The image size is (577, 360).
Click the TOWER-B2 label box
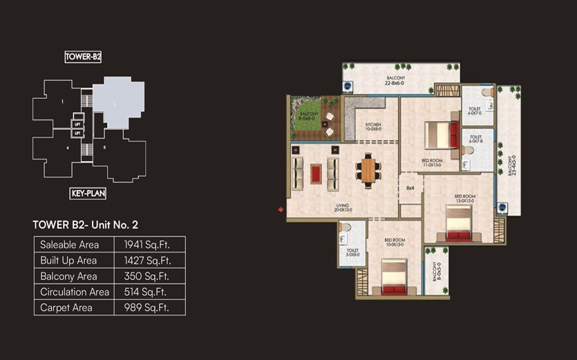[83, 57]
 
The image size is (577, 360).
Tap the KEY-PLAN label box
[88, 193]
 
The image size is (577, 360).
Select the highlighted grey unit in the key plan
[118, 104]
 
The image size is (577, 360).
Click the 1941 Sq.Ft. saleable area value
[146, 245]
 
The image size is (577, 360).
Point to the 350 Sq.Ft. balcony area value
[146, 276]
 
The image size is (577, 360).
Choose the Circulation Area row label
[74, 292]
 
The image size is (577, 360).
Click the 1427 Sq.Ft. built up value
[146, 260]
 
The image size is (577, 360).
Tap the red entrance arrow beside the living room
[281, 209]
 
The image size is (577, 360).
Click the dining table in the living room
[368, 170]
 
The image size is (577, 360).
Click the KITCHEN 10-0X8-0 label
[373, 126]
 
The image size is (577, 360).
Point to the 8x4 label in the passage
[410, 187]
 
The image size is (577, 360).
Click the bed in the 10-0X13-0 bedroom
[393, 278]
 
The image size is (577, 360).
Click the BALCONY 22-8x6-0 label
[395, 82]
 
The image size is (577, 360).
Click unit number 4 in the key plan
[68, 147]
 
